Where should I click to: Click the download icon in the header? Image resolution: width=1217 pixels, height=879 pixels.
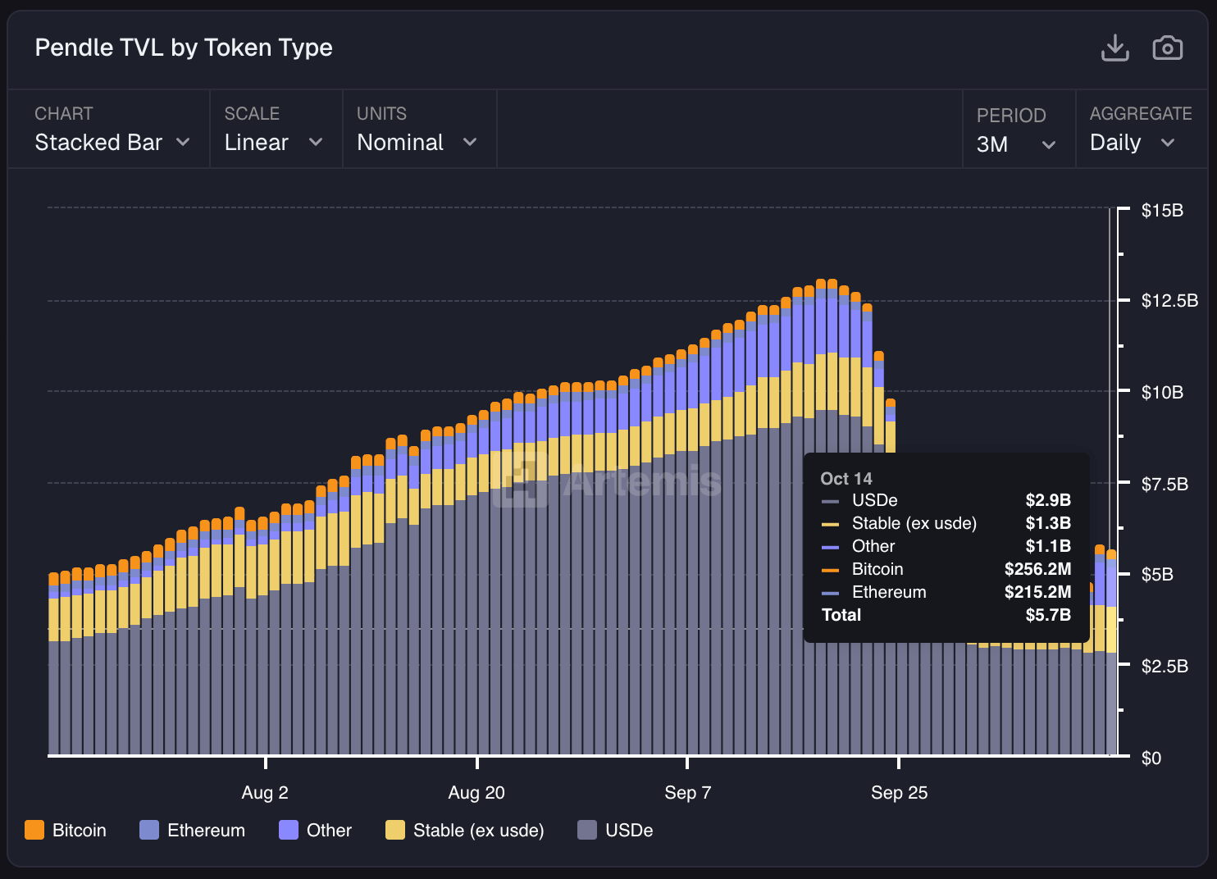[1114, 48]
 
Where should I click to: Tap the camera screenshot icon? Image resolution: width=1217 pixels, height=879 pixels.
[1167, 48]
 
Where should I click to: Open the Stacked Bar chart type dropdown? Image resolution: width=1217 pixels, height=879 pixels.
[112, 143]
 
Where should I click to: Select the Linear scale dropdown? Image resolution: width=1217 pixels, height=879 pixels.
[273, 143]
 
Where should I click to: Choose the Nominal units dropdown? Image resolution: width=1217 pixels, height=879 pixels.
[417, 143]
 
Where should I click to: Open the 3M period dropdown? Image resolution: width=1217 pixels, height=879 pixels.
[1015, 144]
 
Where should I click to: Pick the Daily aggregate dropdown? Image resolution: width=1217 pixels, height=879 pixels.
[1133, 143]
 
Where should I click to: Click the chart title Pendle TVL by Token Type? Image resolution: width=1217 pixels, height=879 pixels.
[184, 48]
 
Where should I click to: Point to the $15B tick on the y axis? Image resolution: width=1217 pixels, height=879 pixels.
[1162, 211]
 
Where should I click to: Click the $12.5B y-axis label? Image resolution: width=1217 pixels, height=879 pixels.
[1169, 301]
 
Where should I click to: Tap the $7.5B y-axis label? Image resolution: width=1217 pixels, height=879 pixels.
[1165, 484]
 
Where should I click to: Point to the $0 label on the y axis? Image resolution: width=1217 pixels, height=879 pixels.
[1151, 758]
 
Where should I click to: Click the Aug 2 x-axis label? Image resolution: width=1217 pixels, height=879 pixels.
[265, 793]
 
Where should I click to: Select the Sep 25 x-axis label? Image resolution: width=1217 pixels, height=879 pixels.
[899, 793]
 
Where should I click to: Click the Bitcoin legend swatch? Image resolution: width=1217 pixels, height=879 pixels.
[34, 830]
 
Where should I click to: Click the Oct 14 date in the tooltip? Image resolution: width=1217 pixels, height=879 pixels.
[846, 479]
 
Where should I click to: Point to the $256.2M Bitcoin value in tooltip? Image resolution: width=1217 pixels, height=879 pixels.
[1037, 569]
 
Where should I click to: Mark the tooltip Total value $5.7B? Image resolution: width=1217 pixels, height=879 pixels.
[1048, 615]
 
